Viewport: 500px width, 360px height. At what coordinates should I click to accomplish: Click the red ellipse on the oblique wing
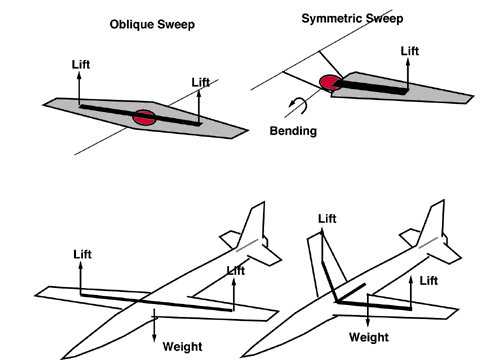click(x=144, y=117)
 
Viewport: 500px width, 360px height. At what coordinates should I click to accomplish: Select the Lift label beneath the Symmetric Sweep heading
click(x=411, y=51)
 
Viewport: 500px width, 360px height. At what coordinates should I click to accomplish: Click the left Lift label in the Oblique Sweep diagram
click(x=82, y=63)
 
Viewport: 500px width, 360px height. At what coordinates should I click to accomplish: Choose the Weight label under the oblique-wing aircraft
click(x=181, y=346)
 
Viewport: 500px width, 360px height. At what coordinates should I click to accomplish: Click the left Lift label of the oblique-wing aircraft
click(x=82, y=254)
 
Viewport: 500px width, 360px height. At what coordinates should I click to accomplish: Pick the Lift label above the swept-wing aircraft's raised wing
click(x=327, y=218)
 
